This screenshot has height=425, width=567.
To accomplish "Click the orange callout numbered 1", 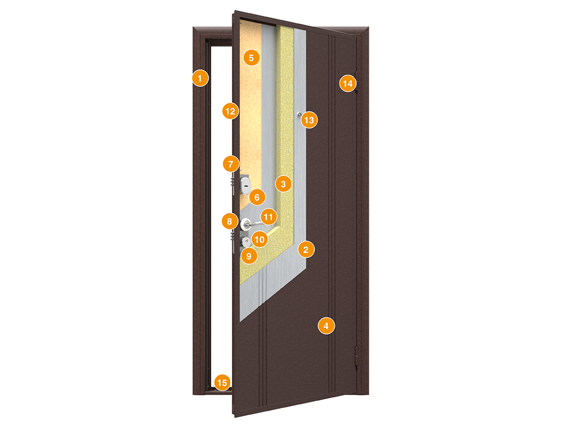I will tap(200, 78).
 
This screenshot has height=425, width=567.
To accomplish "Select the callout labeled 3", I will tap(283, 184).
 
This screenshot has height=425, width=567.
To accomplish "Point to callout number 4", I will tap(326, 326).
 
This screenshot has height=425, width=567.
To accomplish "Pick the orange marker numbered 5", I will tap(251, 57).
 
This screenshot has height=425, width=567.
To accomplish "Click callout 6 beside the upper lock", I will tap(257, 196).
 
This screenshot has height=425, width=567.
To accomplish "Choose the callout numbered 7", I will tap(231, 164).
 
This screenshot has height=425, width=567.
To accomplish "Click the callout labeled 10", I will tap(259, 239).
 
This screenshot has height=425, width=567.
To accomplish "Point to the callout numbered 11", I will tap(269, 217).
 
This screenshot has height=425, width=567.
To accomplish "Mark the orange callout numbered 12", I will tap(230, 111).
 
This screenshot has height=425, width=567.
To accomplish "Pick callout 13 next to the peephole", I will tap(309, 120).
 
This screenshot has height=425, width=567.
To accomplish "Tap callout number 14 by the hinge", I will tap(347, 84).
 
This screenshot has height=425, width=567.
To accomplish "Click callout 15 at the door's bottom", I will tap(222, 382).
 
